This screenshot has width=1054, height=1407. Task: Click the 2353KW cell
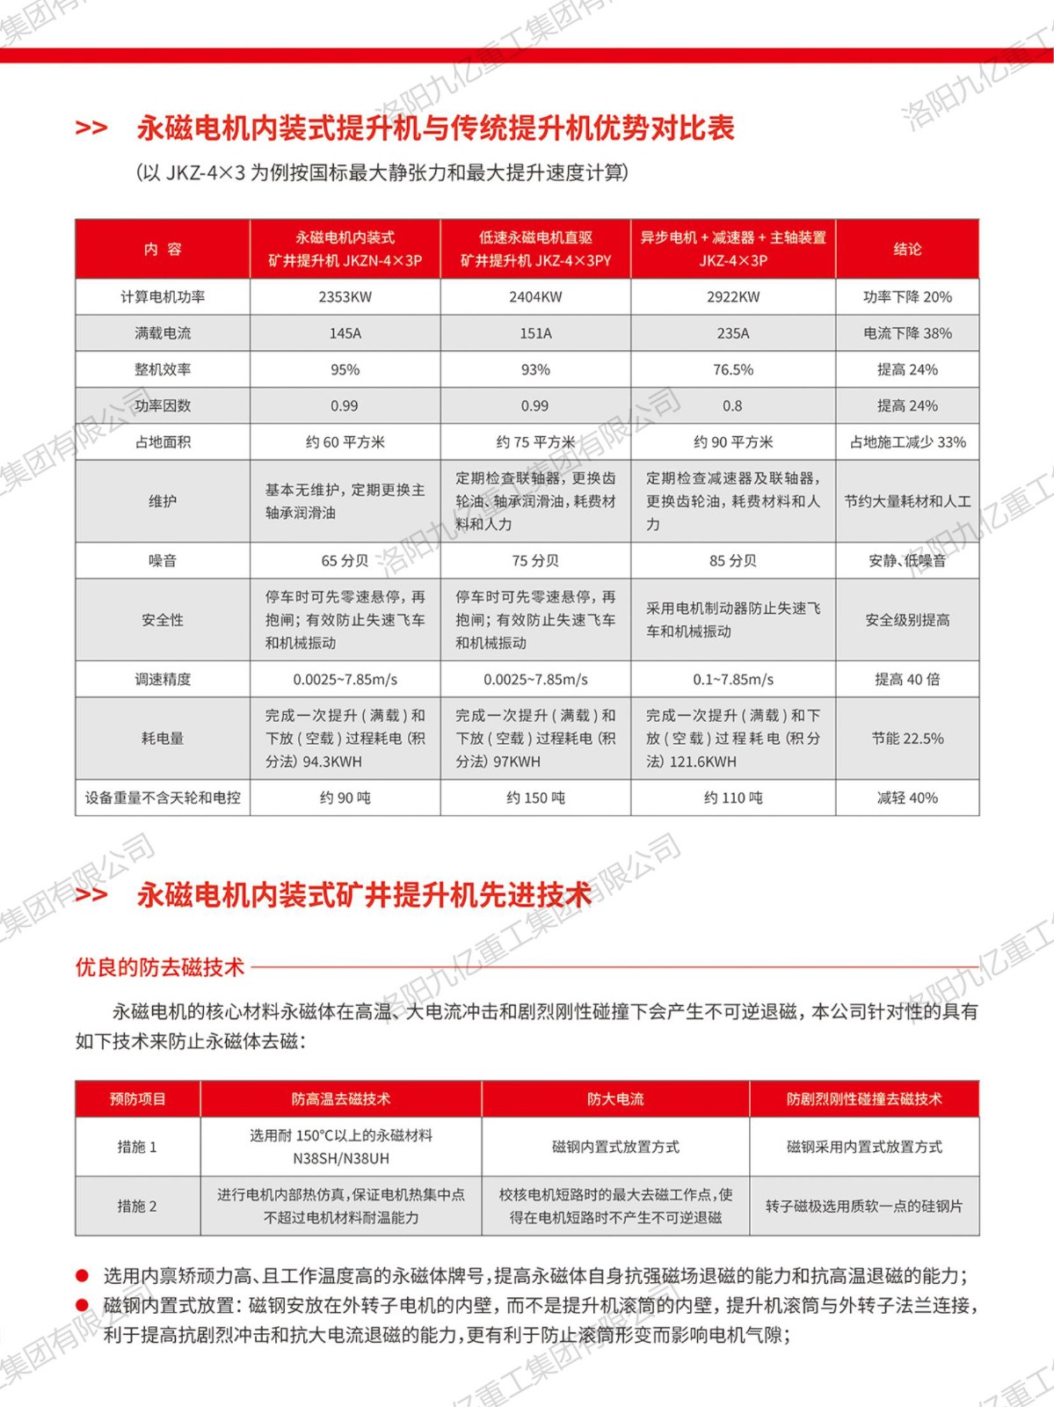pos(345,297)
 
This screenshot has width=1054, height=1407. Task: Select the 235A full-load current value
pos(732,333)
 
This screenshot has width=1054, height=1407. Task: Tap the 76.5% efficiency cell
pos(732,369)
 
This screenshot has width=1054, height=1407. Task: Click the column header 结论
pos(907,249)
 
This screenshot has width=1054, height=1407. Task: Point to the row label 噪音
pos(163,560)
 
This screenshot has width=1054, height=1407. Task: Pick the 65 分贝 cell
pos(345,560)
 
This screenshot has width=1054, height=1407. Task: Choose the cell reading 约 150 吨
pos(535,798)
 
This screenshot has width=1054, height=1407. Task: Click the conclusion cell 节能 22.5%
pos(907,739)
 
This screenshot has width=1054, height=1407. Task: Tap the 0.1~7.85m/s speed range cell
pos(732,679)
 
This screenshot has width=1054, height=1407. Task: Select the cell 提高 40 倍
pos(907,679)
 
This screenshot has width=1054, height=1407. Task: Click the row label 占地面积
pos(163,441)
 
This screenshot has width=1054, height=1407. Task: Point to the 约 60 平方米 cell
pos(345,441)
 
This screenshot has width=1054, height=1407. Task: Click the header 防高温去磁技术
pos(341,1098)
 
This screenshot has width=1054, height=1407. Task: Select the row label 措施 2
pos(137,1206)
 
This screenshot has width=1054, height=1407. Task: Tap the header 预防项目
pos(137,1098)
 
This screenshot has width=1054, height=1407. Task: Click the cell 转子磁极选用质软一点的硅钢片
pos(863,1206)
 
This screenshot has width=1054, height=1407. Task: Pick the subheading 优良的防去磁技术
pos(160,967)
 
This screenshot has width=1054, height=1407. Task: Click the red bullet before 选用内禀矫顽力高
pos(83,1275)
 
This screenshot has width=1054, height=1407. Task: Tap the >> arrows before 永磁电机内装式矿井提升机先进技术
pos(91,895)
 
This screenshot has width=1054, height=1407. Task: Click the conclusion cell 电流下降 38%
pos(907,333)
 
